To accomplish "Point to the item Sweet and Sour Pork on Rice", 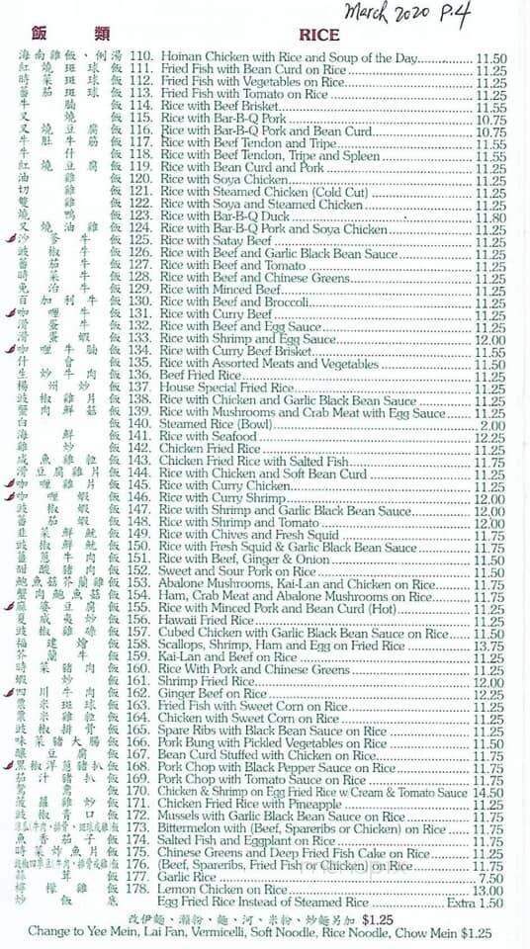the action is coord(238,571).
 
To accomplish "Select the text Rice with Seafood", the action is coord(208,437).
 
